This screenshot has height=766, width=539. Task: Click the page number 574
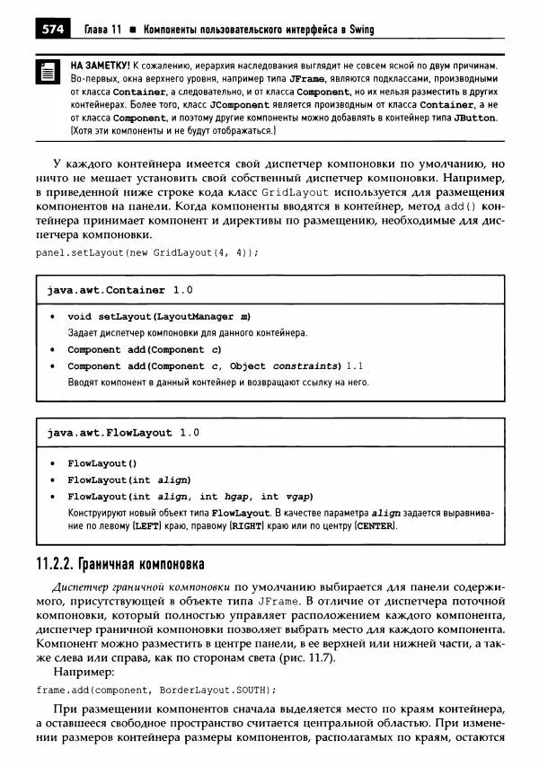coord(51,31)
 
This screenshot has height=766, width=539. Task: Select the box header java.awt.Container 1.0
coord(119,290)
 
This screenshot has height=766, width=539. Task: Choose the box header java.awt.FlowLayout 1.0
coord(123,432)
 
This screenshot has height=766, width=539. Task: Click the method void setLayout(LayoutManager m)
coord(159,317)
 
